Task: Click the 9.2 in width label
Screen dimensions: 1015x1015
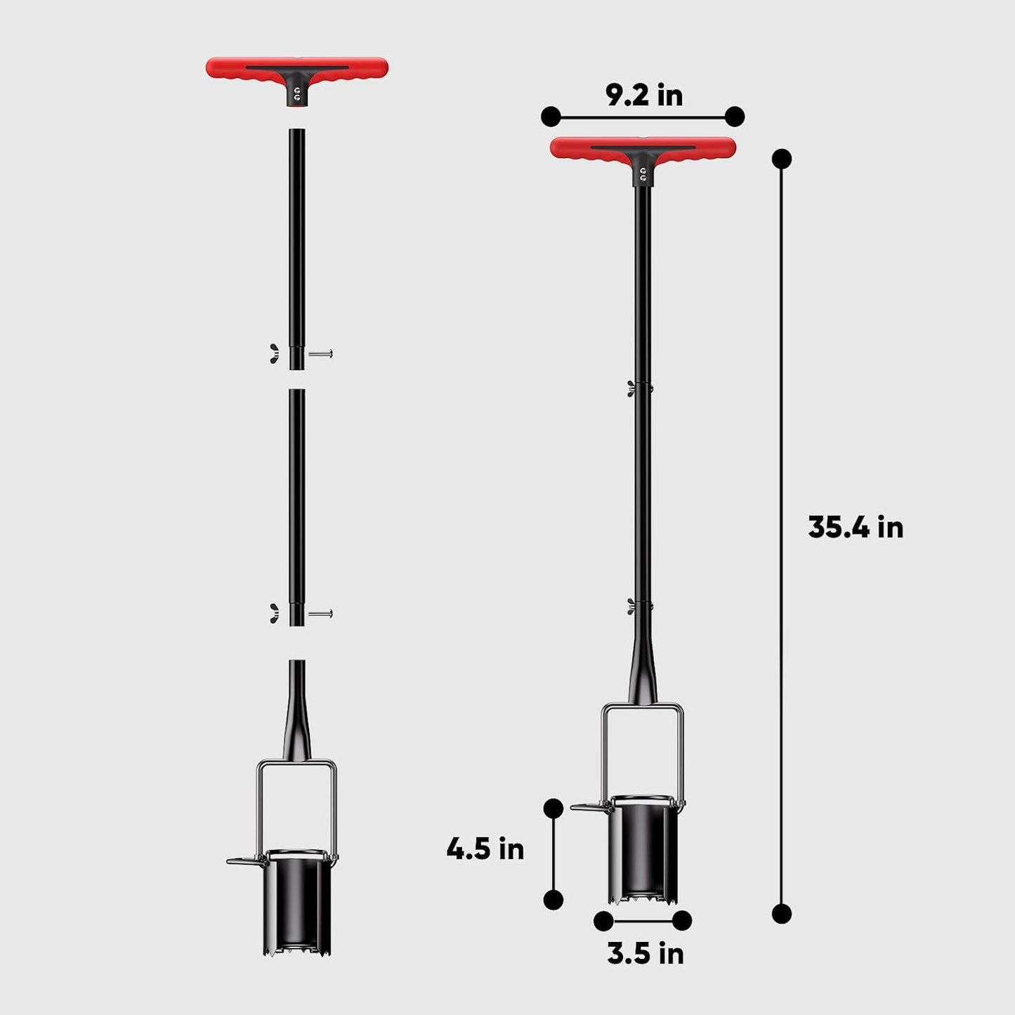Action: pyautogui.click(x=643, y=96)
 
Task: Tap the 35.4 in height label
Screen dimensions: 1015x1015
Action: pyautogui.click(x=855, y=528)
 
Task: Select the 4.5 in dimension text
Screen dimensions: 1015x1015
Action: pyautogui.click(x=485, y=849)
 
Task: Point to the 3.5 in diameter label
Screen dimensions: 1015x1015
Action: pyautogui.click(x=645, y=954)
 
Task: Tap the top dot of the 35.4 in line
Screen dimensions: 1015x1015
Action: pyautogui.click(x=781, y=159)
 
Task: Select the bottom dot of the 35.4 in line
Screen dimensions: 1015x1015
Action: pyautogui.click(x=781, y=914)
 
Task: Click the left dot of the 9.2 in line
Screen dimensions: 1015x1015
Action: pyautogui.click(x=551, y=117)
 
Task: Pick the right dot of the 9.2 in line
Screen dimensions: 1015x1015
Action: pyautogui.click(x=735, y=117)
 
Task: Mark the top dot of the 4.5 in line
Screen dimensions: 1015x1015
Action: pyautogui.click(x=554, y=808)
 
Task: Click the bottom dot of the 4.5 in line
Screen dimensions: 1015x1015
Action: pyautogui.click(x=554, y=900)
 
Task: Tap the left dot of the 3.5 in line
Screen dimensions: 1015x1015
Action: pyautogui.click(x=603, y=921)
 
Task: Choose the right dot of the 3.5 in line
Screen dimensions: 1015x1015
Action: pyautogui.click(x=682, y=921)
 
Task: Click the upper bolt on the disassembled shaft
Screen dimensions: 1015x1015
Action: pyautogui.click(x=320, y=353)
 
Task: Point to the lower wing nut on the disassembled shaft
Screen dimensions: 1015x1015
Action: pyautogui.click(x=274, y=613)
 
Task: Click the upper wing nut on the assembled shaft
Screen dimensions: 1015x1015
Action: pyautogui.click(x=632, y=388)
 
